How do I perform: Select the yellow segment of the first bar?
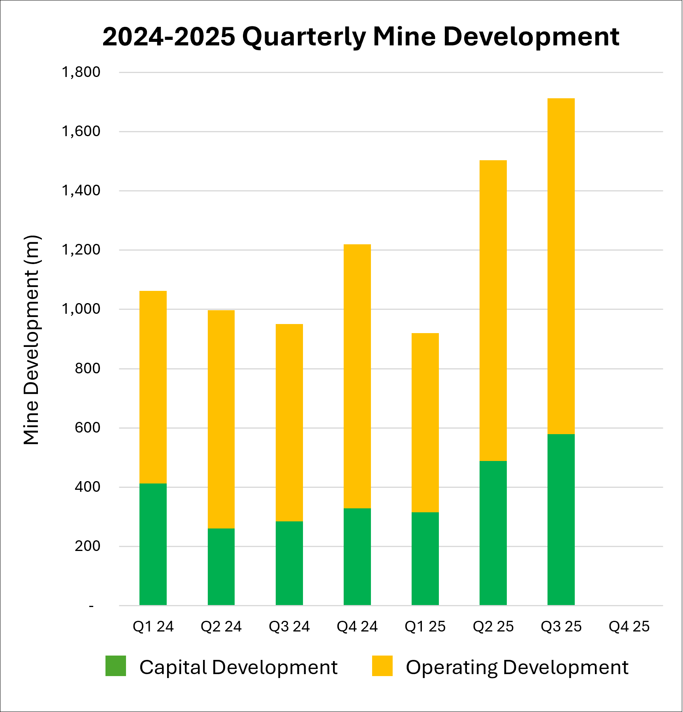point(153,387)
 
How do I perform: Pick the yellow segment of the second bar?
point(221,419)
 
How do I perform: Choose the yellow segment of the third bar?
point(289,422)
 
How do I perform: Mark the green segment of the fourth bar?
point(357,556)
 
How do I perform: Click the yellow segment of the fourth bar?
point(357,376)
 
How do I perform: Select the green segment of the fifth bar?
point(425,558)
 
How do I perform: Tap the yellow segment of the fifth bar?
point(425,422)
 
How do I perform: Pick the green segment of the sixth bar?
point(493,533)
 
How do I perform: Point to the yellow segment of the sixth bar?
point(493,310)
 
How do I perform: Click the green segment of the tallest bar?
point(561,519)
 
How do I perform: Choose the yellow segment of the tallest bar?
point(561,266)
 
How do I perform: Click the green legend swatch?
point(116,666)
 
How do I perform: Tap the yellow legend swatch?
point(382,666)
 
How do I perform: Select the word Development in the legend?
point(275,667)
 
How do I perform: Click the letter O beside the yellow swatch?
point(413,667)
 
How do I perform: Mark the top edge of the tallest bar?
point(561,99)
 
